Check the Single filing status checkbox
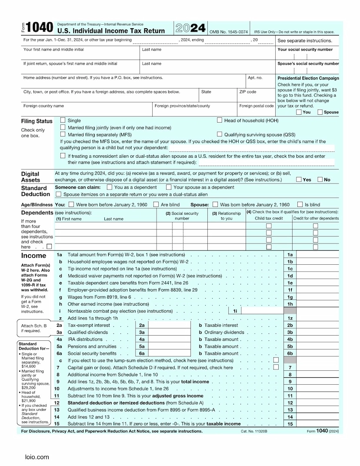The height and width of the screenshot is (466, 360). [x=63, y=120]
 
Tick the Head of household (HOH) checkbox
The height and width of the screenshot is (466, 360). [x=220, y=120]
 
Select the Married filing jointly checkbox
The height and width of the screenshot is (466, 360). [x=63, y=127]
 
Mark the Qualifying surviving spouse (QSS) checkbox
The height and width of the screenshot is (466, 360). [x=220, y=134]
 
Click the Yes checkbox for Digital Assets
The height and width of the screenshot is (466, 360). [x=299, y=180]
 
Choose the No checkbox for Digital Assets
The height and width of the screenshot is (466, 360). [x=320, y=180]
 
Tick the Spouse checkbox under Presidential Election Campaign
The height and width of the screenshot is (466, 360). [x=320, y=112]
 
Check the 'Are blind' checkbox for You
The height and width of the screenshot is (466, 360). [x=156, y=204]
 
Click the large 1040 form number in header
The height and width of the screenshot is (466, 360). [x=40, y=28]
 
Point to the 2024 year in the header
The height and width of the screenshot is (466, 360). [x=190, y=29]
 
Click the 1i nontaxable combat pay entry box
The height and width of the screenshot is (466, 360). [x=261, y=311]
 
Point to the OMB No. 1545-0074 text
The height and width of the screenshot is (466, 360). [x=229, y=32]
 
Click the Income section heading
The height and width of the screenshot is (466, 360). [x=33, y=256]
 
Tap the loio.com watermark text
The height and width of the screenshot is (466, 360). [x=37, y=457]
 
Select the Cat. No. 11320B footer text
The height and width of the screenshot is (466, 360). [x=254, y=431]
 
